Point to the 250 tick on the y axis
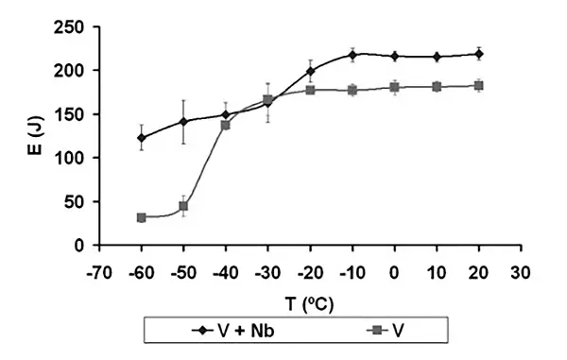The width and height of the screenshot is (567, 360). [76, 26]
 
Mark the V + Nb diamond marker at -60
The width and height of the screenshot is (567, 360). [141, 138]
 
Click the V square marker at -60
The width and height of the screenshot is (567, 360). [141, 217]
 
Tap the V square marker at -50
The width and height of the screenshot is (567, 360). [183, 206]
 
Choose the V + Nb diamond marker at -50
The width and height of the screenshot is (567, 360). [183, 122]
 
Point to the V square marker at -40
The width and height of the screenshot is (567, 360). [226, 125]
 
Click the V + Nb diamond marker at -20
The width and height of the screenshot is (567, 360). [310, 71]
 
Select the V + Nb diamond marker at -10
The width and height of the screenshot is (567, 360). [352, 55]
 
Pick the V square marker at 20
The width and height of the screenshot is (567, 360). [479, 86]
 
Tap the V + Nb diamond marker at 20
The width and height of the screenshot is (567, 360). [479, 54]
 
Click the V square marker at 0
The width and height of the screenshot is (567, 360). [395, 87]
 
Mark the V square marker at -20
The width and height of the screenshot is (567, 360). [310, 90]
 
